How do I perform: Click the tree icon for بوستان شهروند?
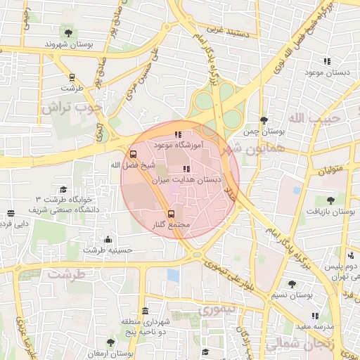pos(68,32)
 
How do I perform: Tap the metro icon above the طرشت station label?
pos(71,77)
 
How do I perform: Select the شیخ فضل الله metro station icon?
pos(133,154)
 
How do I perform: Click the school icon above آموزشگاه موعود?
pos(178,134)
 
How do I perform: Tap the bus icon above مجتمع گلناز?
pos(171,213)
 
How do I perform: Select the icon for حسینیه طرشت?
pos(107,239)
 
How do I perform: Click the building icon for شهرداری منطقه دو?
pos(145,311)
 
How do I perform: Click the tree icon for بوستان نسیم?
pos(292,284)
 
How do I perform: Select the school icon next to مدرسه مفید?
pos(314,316)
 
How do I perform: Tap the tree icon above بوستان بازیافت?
pos(330,200)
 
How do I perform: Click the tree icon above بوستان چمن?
pos(264,120)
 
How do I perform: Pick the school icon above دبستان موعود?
pos(326,61)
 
